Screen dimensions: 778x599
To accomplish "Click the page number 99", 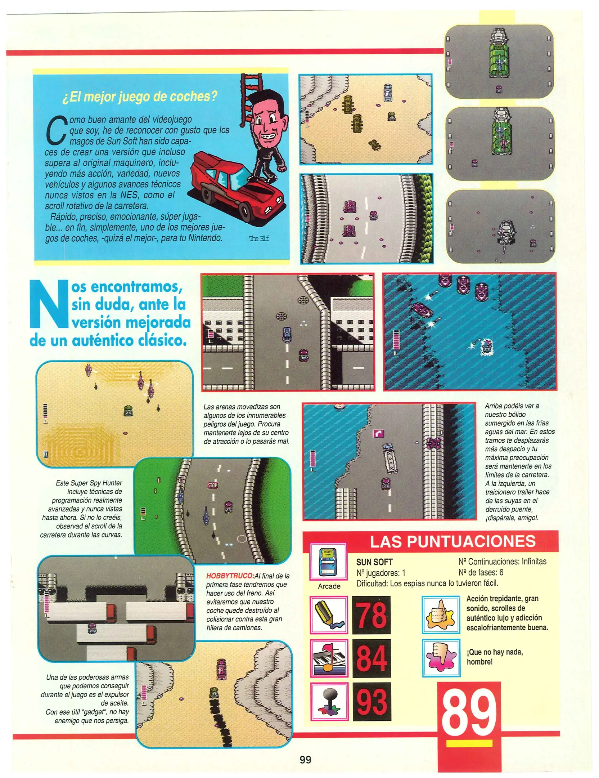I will (305, 759).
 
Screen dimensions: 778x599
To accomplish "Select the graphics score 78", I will (371, 615).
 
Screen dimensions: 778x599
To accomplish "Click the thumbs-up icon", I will (441, 614).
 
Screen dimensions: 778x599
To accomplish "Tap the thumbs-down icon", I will (441, 658).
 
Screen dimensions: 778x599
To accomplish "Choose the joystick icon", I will (329, 701).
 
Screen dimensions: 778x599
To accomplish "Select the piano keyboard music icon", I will (329, 658).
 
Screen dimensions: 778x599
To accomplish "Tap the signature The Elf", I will (259, 238).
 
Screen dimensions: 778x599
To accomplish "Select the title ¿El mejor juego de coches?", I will (140, 97).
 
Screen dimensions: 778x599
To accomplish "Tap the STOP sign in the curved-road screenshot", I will (212, 485).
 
